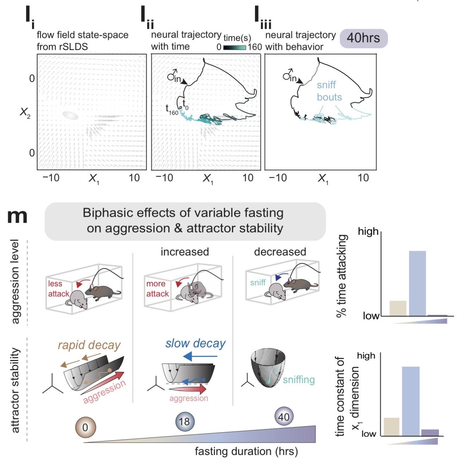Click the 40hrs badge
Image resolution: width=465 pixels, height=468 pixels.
click(x=364, y=38)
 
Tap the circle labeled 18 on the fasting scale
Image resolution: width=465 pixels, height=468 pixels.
click(x=185, y=422)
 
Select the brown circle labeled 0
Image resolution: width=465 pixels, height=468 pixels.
click(x=85, y=428)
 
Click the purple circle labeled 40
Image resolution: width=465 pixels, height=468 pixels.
click(x=284, y=417)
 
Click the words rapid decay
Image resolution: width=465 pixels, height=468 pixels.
click(x=89, y=345)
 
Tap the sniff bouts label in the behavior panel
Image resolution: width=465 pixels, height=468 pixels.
click(x=329, y=91)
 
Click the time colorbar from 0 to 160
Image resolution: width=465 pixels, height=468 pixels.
click(x=234, y=47)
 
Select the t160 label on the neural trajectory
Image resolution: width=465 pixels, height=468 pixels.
click(x=172, y=110)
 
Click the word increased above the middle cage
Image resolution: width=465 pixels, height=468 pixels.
click(x=185, y=252)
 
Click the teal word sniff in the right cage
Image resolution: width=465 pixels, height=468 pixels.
click(x=258, y=282)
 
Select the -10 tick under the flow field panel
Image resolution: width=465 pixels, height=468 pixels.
click(x=51, y=178)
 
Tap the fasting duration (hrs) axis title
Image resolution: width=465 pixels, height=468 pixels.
click(x=246, y=451)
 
